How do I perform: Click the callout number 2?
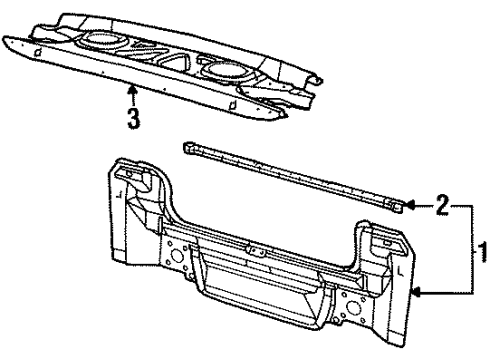click(x=441, y=207)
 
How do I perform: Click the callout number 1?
click(x=480, y=246)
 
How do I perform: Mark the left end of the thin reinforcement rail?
click(x=188, y=147)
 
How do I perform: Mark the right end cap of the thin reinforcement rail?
click(x=397, y=207)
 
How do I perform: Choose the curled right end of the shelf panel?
click(x=312, y=79)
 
